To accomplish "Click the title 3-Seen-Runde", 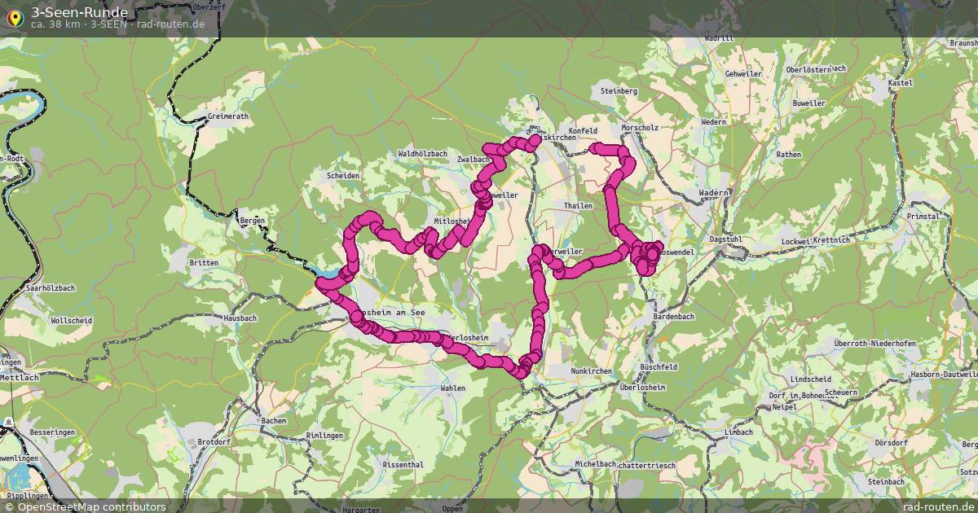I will [x=79, y=11].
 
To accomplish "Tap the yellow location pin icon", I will [x=15, y=16].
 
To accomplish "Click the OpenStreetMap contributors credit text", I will [x=85, y=506].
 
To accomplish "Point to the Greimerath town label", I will [x=227, y=116].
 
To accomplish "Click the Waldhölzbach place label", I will [x=422, y=153].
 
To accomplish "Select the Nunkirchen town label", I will [x=591, y=370].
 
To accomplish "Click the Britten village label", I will [x=203, y=263].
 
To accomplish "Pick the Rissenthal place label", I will [x=403, y=464].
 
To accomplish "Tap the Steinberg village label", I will [x=618, y=91].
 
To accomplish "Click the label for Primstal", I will [x=923, y=217].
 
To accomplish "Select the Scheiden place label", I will [x=342, y=175].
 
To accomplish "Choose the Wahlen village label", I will [x=452, y=388].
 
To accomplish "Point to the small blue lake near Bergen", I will [x=324, y=273].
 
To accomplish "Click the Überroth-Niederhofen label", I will [x=874, y=344].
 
